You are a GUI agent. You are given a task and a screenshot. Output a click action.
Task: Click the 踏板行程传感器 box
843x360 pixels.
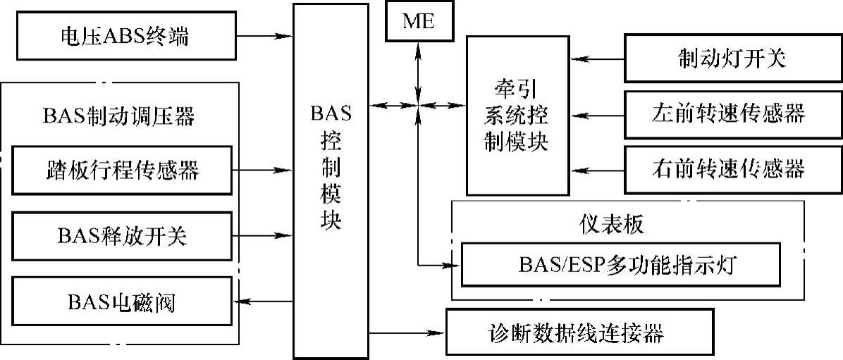pos(122,170)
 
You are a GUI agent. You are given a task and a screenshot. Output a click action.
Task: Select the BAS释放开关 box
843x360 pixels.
pos(122,237)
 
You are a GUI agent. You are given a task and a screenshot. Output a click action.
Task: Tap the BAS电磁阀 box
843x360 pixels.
pos(122,302)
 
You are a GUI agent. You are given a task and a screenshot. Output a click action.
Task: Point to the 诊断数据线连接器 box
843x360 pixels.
pos(576,333)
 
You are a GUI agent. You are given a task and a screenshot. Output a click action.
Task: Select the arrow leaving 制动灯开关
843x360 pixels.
pos(599,58)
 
